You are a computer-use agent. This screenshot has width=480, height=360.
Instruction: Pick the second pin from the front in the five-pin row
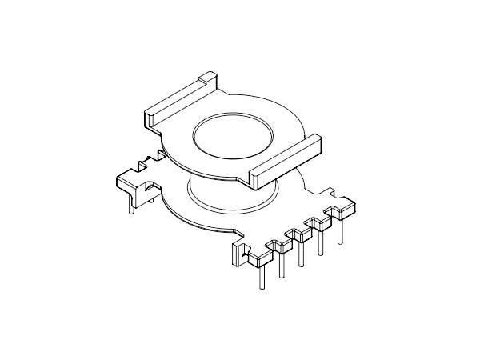coord(280,264)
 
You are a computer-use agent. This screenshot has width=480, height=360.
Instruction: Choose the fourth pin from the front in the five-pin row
coord(320,241)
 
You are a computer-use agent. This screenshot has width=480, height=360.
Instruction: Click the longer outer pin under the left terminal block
coord(130,205)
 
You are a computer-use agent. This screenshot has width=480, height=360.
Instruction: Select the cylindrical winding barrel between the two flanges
coord(232,196)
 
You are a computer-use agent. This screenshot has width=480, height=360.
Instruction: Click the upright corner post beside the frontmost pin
coord(238,255)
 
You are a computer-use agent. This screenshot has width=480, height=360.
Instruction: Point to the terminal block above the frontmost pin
coord(261,257)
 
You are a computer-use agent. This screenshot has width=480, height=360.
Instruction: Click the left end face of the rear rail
coord(149,119)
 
